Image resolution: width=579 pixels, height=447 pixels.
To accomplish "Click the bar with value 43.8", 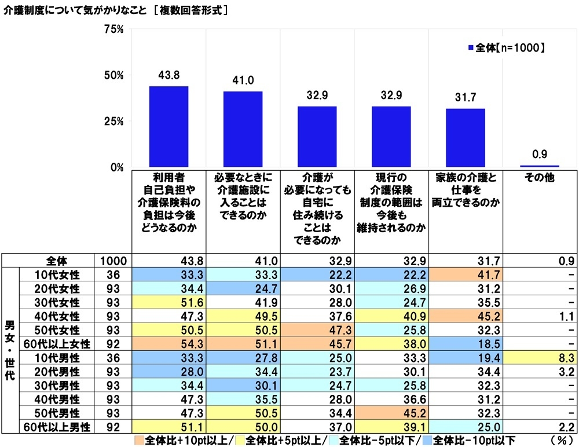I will pos(168,127).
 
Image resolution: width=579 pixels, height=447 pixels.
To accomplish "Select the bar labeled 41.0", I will pos(243,130).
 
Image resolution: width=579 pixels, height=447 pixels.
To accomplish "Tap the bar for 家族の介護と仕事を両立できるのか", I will pos(465,138).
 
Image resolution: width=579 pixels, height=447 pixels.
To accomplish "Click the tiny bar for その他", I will pos(539,166).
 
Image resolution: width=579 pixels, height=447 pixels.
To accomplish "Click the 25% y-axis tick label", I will pos(113,122).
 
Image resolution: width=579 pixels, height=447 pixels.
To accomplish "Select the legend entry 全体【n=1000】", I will pos(506,48).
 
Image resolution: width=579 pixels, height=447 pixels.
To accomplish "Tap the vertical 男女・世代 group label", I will pos(10,349).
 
